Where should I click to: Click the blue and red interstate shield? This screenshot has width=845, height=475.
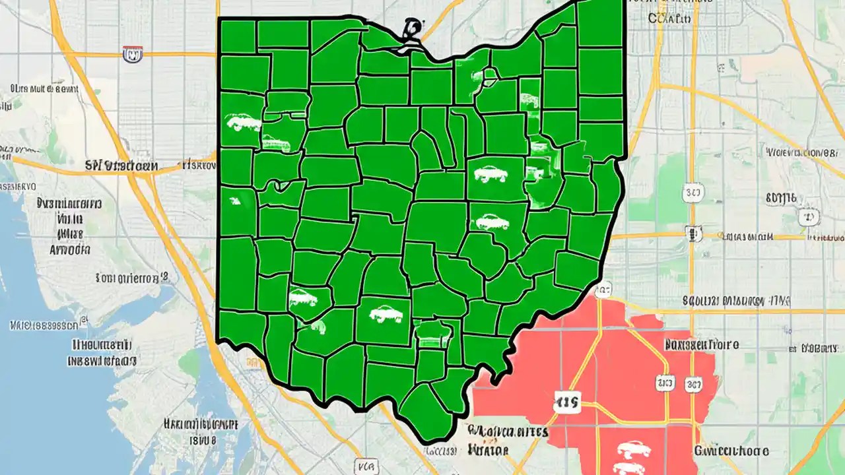tap(133, 54)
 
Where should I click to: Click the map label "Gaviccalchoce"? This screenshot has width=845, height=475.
tap(731, 451)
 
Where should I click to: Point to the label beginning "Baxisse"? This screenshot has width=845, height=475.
tap(702, 344)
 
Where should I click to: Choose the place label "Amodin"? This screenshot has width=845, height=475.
tap(70, 250)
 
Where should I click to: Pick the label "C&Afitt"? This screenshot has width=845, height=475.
tap(669, 19)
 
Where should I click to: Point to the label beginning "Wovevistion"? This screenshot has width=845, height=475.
tap(805, 153)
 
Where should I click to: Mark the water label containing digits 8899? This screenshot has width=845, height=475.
tap(44, 325)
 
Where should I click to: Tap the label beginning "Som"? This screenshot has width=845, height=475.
tap(132, 278)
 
